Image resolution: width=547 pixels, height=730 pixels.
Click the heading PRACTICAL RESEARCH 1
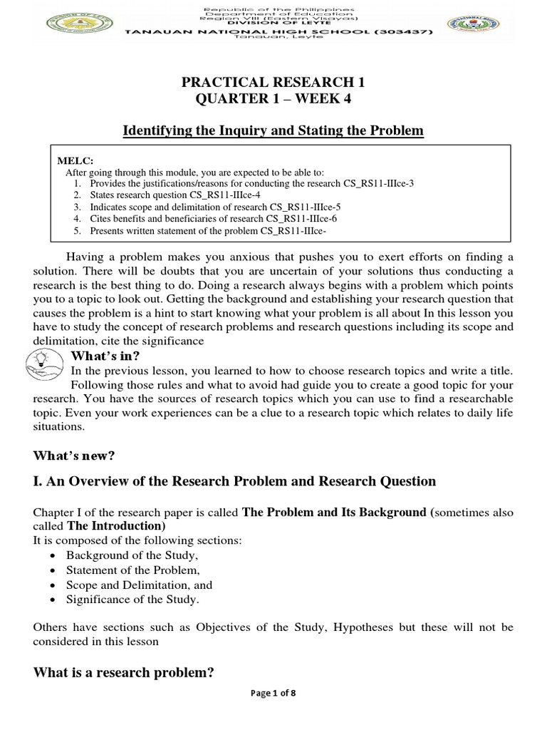(273, 83)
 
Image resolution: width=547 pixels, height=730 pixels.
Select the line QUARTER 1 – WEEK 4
(273, 99)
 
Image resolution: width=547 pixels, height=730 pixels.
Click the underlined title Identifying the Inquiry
(273, 130)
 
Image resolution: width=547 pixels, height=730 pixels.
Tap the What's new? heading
(74, 455)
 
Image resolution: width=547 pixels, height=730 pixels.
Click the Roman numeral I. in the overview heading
(38, 481)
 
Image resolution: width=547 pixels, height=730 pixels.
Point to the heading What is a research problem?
(125, 673)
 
